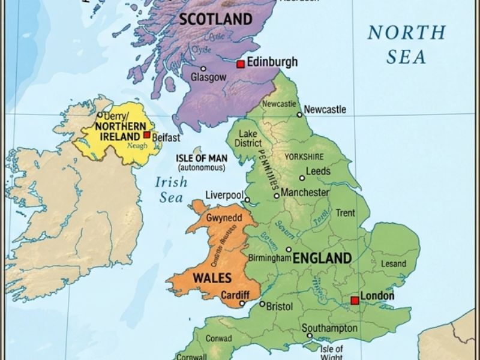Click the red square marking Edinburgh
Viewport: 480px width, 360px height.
coord(241,64)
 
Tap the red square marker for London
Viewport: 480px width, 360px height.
coord(355,300)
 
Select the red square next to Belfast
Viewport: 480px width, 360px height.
coord(147,135)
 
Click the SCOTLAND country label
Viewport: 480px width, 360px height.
coord(216,19)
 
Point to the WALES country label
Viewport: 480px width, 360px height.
coord(209,279)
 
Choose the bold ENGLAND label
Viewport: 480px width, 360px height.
coord(322,259)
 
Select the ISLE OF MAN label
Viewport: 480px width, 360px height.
coord(202,158)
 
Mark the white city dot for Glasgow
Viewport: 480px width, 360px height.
coord(203,68)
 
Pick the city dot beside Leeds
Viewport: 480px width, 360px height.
coord(302,178)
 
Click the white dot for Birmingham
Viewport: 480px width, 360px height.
coord(289,250)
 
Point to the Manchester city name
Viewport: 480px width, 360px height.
coord(305,193)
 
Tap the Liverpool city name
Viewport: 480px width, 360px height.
coord(224,196)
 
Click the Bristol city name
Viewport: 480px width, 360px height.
coord(280,307)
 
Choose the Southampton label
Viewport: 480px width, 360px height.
coord(329,328)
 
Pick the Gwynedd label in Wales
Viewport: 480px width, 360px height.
coord(223,218)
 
